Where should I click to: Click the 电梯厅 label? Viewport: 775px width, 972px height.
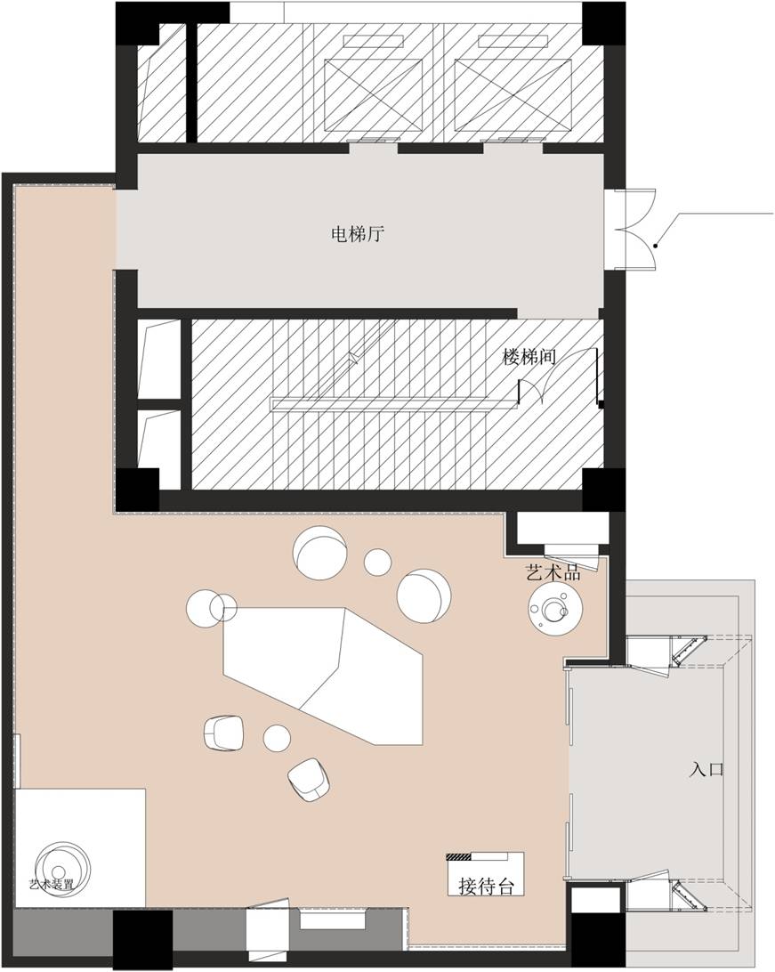coord(357,235)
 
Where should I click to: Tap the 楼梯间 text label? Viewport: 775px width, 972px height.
coord(529,357)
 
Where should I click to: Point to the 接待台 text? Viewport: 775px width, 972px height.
coord(486,886)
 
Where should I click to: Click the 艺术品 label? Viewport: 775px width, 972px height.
coord(553,572)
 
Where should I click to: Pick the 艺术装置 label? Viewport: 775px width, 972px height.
coord(51,885)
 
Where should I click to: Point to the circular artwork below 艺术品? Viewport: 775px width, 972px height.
coord(555,610)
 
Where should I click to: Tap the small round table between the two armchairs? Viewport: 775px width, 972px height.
coord(278,737)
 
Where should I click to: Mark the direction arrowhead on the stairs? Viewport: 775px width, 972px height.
coord(353,359)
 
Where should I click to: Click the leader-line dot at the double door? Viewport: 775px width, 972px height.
coord(656,245)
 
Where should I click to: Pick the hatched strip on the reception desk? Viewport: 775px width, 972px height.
coord(458,857)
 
